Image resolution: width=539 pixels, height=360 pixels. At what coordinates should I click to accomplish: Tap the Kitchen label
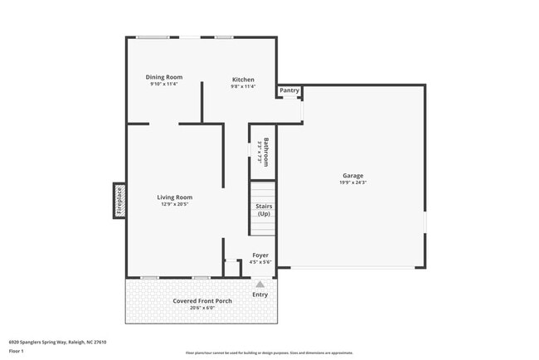(243, 80)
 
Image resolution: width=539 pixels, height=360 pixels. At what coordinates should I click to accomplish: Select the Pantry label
(289, 90)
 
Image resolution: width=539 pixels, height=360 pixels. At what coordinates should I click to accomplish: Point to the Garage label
(353, 175)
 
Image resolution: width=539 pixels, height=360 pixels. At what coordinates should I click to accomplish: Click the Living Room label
(175, 197)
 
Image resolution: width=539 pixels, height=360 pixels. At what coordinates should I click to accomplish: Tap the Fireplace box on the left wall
(119, 200)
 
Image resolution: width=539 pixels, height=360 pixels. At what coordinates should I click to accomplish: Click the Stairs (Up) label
(264, 210)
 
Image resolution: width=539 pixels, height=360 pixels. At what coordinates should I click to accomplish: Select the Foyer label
(260, 255)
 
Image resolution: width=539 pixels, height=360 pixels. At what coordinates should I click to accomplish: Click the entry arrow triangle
(260, 284)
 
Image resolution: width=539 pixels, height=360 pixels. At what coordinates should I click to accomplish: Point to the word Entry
(260, 294)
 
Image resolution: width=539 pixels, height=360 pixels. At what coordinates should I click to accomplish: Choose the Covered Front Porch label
(202, 300)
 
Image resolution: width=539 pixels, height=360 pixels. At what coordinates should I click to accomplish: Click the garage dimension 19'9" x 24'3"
(353, 182)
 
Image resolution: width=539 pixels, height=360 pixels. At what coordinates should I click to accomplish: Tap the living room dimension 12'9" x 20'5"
(175, 204)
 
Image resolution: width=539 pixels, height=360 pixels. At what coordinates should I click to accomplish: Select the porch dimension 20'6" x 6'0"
(202, 308)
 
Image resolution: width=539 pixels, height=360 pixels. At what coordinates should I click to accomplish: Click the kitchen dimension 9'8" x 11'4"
(243, 86)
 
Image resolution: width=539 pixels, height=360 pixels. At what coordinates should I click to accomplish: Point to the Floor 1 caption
(17, 351)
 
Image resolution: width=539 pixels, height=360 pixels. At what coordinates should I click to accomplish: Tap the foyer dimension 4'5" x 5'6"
(260, 261)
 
